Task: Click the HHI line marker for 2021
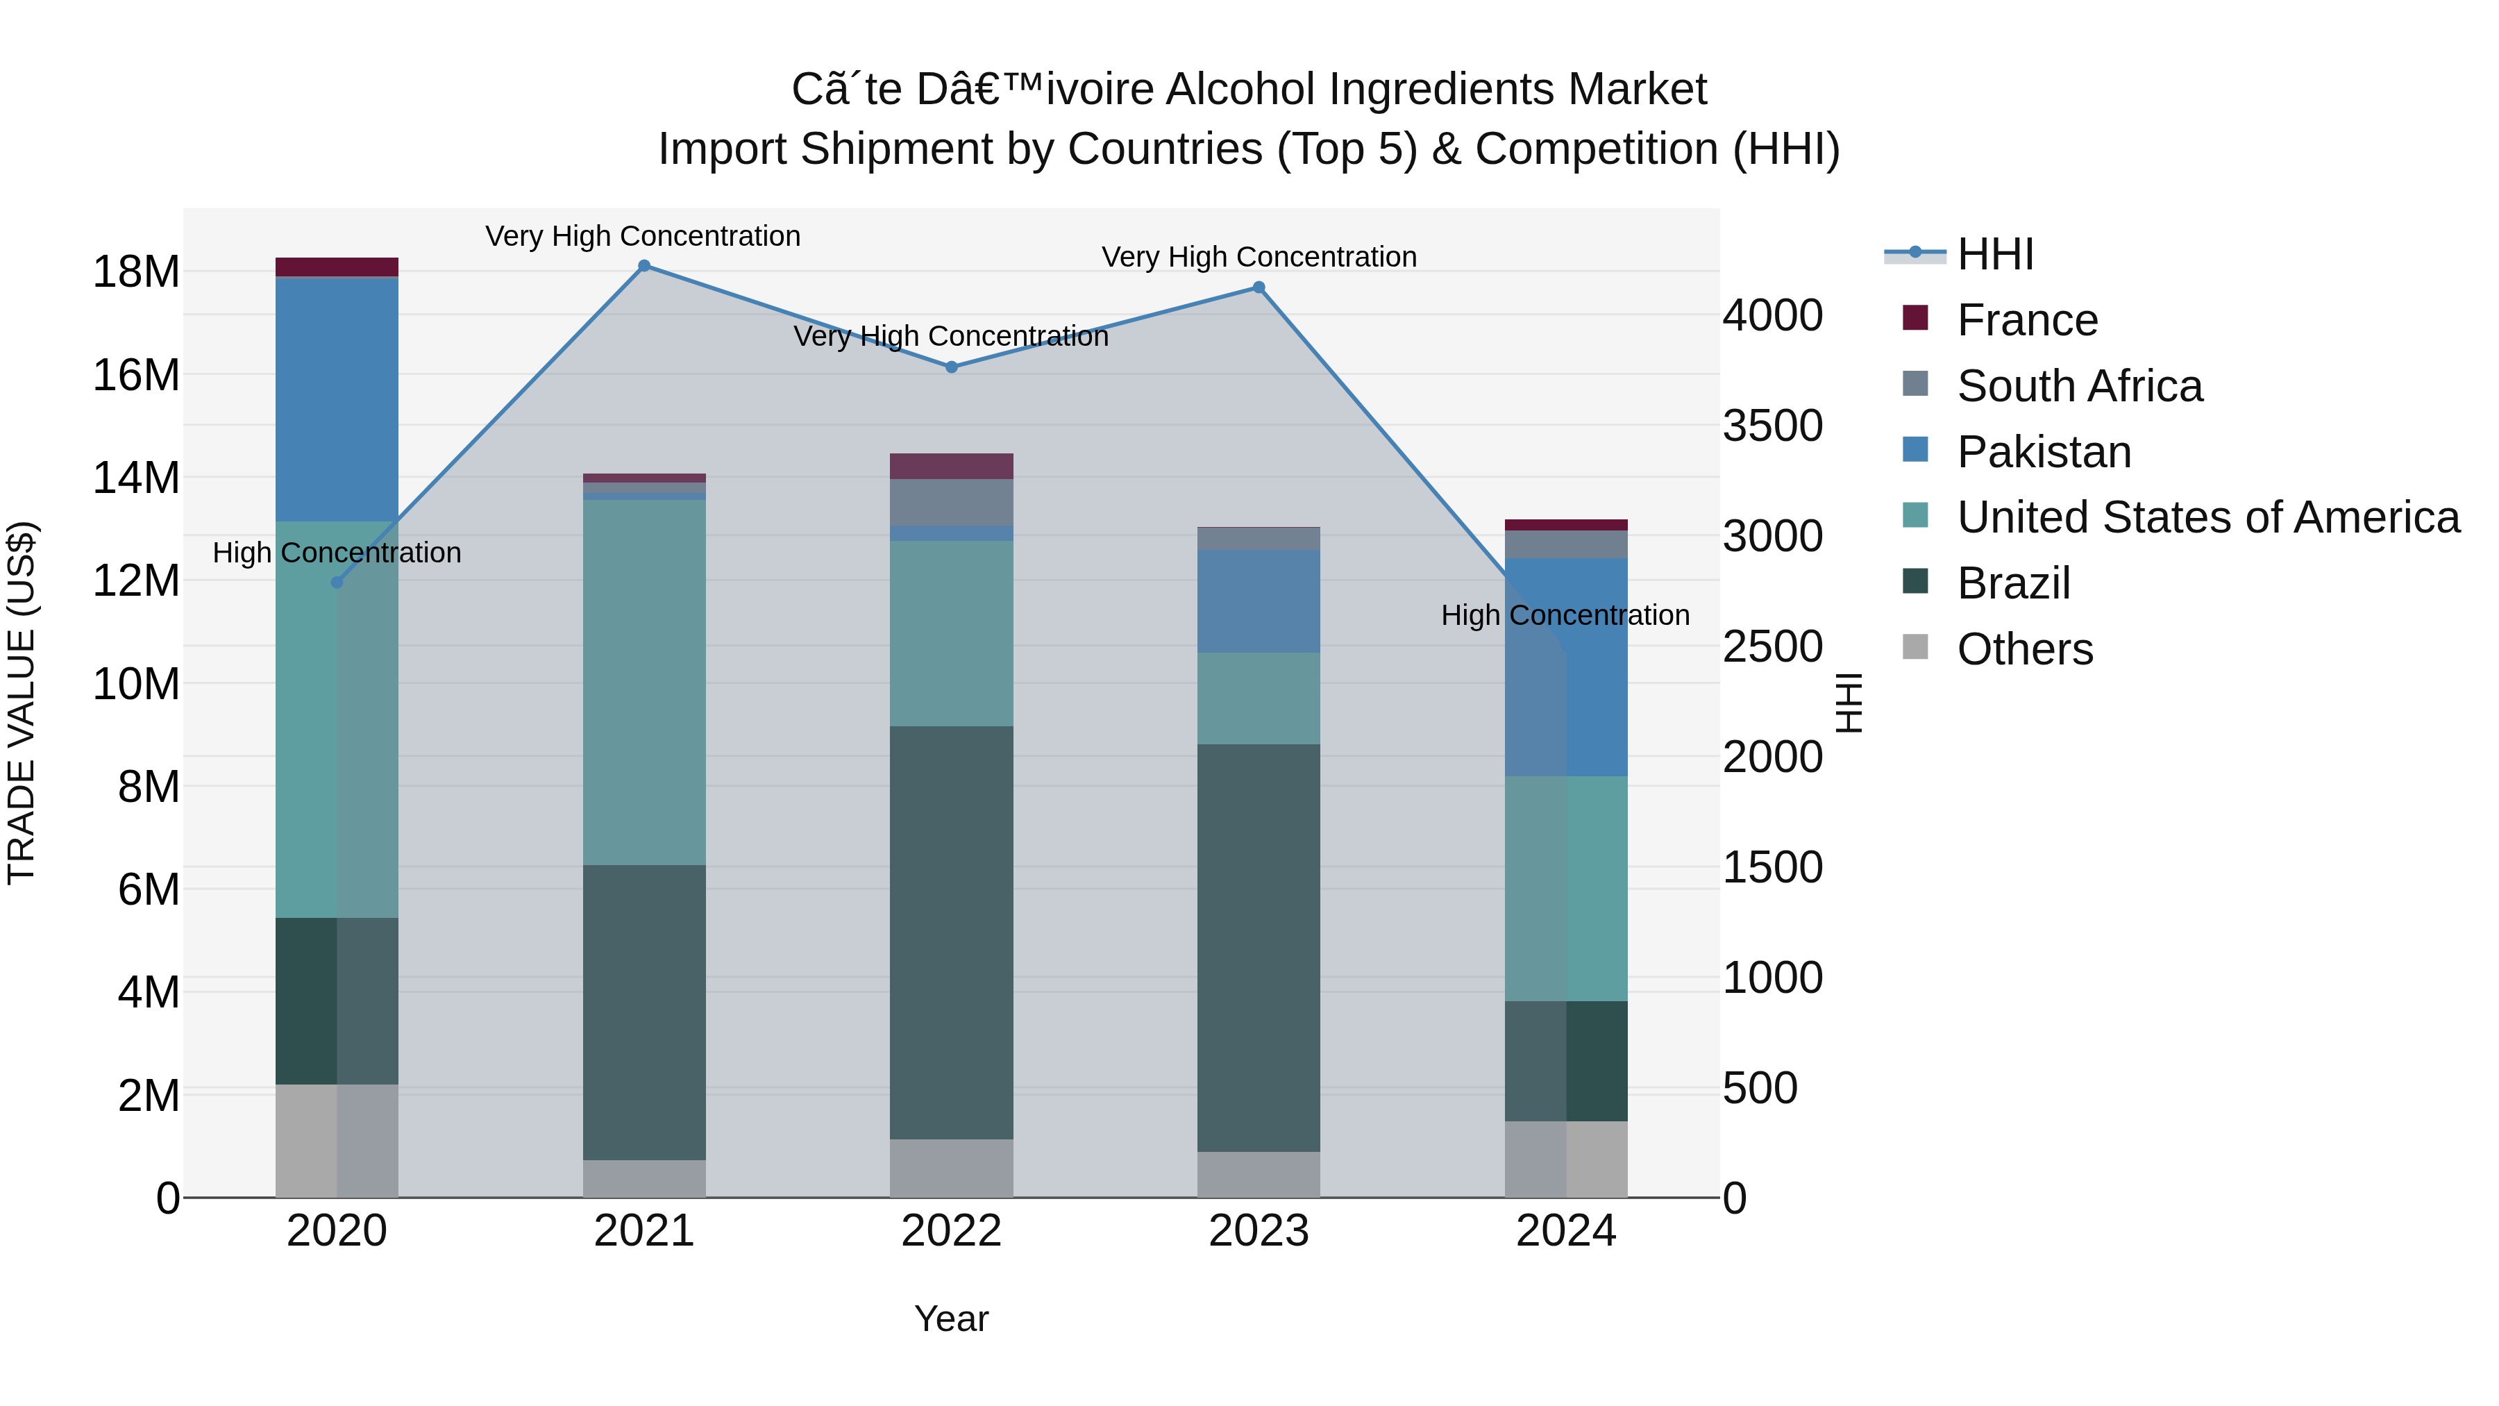point(644,266)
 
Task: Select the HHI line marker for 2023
point(1259,287)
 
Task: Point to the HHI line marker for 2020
point(337,583)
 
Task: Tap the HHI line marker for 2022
point(952,367)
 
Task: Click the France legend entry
point(2026,320)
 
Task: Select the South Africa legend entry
point(2078,386)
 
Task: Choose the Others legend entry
point(2023,649)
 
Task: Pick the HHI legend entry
point(1994,254)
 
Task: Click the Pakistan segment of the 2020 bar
point(337,398)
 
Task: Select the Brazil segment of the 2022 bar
point(952,932)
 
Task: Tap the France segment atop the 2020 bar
point(337,267)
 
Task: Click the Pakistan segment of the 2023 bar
point(1259,601)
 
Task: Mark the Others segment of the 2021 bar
point(644,1178)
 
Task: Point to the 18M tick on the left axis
point(136,271)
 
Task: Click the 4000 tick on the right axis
point(1772,317)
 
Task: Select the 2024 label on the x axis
point(1566,1231)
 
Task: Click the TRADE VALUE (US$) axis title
point(22,703)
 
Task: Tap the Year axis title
point(952,1319)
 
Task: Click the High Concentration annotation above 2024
point(1565,615)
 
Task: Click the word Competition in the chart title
point(1596,149)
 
